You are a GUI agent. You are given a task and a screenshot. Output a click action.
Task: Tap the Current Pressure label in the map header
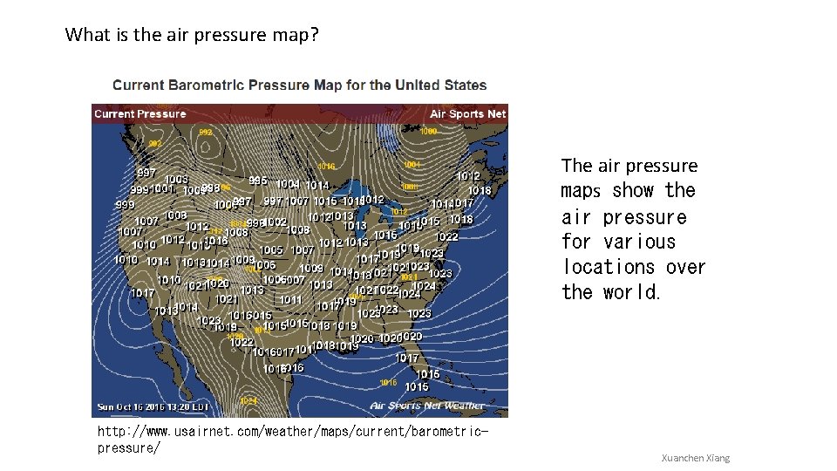[x=139, y=113]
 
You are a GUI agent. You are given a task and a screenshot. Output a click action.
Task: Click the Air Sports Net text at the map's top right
[x=467, y=113]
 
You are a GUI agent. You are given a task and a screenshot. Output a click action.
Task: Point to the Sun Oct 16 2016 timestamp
[x=153, y=406]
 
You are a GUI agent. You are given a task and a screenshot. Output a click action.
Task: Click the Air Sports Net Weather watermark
[x=427, y=406]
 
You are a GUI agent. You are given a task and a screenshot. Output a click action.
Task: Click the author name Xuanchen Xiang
[x=695, y=458]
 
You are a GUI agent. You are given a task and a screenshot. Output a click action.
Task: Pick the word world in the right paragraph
[x=631, y=292]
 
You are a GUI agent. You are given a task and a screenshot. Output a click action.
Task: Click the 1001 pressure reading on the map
[x=162, y=188]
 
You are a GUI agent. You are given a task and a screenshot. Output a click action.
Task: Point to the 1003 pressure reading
[x=176, y=179]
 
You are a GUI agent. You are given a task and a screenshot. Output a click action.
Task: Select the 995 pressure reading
[x=258, y=181]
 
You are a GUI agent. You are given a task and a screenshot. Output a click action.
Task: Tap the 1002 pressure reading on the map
[x=276, y=222]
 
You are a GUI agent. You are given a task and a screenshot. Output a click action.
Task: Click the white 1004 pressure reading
[x=288, y=184]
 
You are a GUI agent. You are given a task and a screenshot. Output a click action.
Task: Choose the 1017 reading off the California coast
[x=142, y=293]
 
